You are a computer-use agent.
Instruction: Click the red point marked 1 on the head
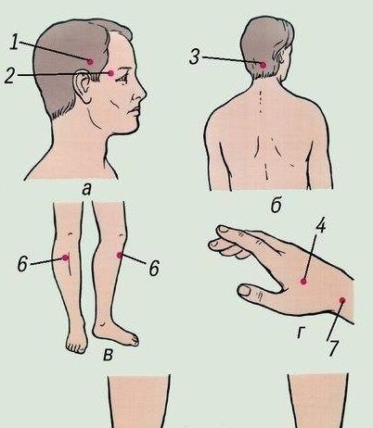click(x=90, y=62)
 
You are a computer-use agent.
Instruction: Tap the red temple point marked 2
click(x=111, y=73)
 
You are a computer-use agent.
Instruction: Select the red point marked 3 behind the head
click(x=263, y=65)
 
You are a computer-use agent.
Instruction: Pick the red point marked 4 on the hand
click(x=303, y=282)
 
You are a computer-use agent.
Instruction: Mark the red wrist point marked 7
click(x=342, y=300)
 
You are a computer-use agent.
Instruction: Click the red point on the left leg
click(x=65, y=258)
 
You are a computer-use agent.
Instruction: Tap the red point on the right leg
click(x=120, y=255)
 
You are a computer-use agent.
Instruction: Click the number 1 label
click(x=14, y=42)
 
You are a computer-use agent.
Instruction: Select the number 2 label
click(x=10, y=75)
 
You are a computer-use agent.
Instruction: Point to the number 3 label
click(x=194, y=57)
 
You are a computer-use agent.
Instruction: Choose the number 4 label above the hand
click(x=321, y=225)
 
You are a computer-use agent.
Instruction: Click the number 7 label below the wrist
click(x=334, y=348)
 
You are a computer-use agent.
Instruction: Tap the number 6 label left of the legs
click(x=22, y=264)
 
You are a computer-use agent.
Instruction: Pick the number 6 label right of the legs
click(x=154, y=268)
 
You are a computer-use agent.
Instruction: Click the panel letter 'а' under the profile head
click(x=87, y=190)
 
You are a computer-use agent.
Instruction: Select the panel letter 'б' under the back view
click(x=277, y=205)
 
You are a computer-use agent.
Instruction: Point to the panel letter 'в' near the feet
click(x=108, y=356)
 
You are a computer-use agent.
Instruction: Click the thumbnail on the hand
click(x=246, y=291)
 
